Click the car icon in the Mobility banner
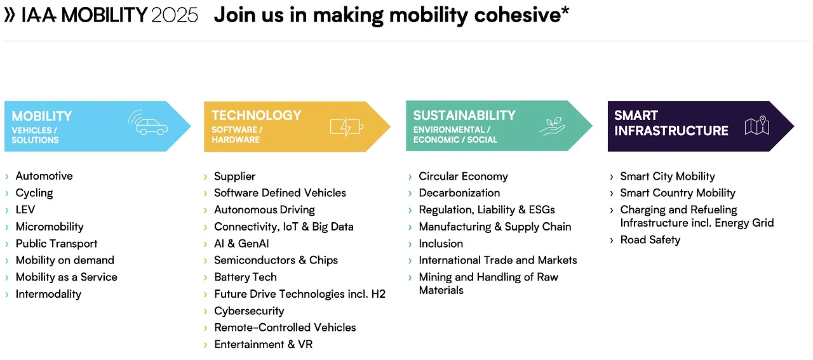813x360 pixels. pyautogui.click(x=148, y=123)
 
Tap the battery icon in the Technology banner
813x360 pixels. pyautogui.click(x=346, y=127)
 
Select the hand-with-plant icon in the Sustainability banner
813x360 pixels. pyautogui.click(x=552, y=126)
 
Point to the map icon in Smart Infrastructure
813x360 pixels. pyautogui.click(x=756, y=126)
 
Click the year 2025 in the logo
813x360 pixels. pyautogui.click(x=175, y=15)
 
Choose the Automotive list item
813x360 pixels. pyautogui.click(x=44, y=176)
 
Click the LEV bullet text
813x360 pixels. pyautogui.click(x=25, y=210)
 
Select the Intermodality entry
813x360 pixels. pyautogui.click(x=48, y=294)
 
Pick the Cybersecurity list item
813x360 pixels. pyautogui.click(x=249, y=311)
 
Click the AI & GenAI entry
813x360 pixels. pyautogui.click(x=241, y=244)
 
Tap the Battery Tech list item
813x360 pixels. pyautogui.click(x=245, y=277)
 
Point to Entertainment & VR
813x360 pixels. pyautogui.click(x=263, y=344)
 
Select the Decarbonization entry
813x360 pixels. pyautogui.click(x=459, y=193)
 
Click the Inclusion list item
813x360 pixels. pyautogui.click(x=441, y=244)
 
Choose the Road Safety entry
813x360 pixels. pyautogui.click(x=650, y=240)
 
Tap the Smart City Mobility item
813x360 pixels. pyautogui.click(x=668, y=177)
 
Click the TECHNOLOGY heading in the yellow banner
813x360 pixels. pyautogui.click(x=256, y=116)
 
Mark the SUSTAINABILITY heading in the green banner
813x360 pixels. pyautogui.click(x=464, y=116)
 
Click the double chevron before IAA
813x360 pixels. pyautogui.click(x=10, y=15)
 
